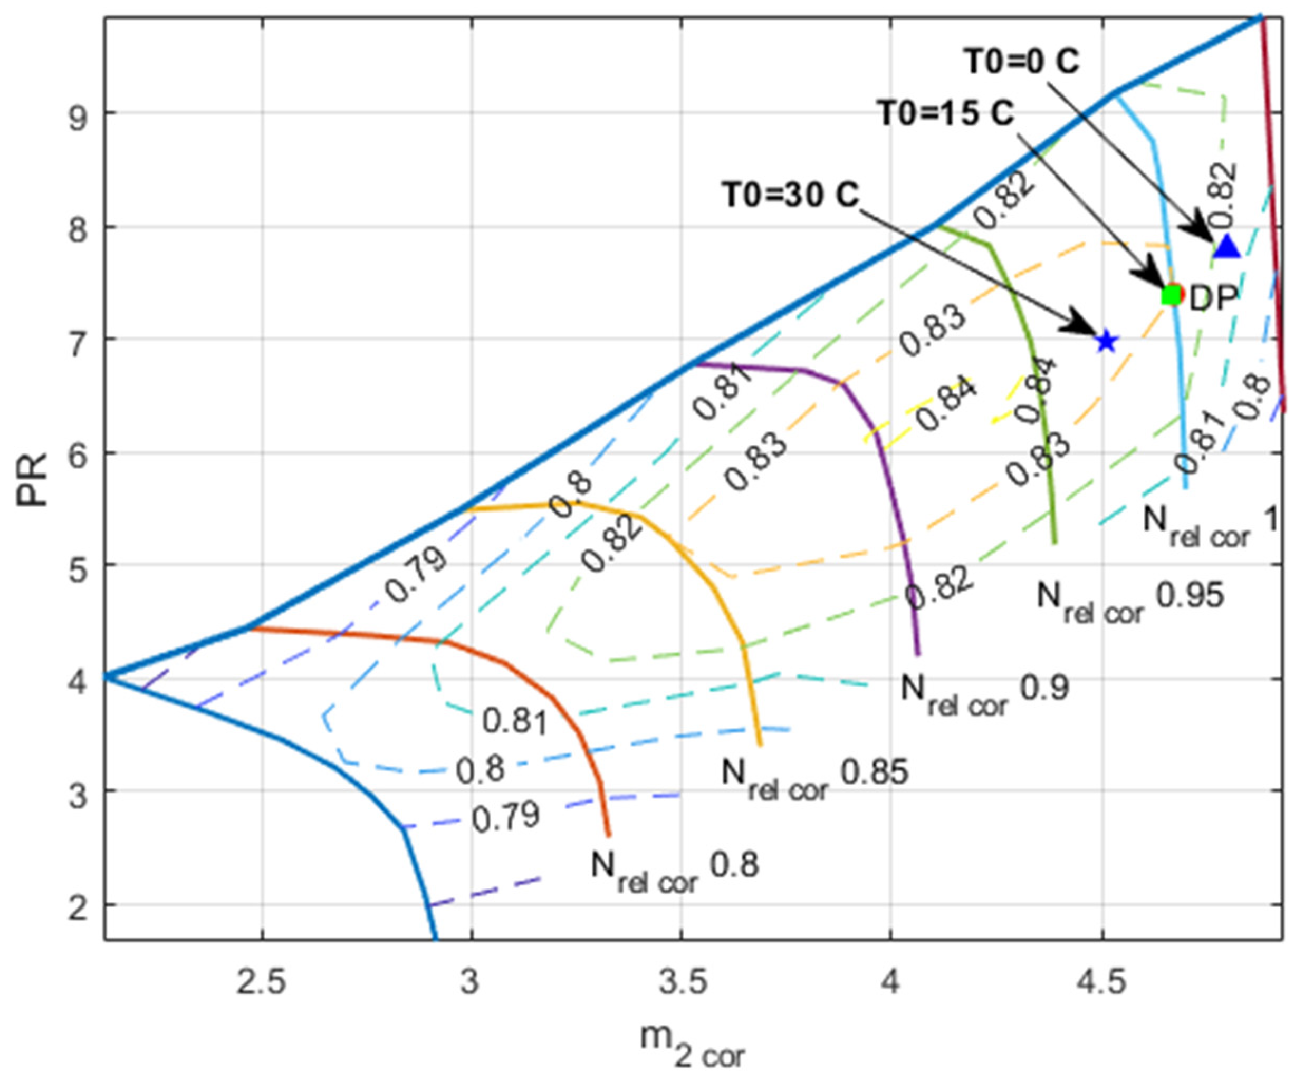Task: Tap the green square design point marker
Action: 1171,295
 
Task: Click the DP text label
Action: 1213,298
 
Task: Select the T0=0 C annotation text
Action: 1021,62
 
